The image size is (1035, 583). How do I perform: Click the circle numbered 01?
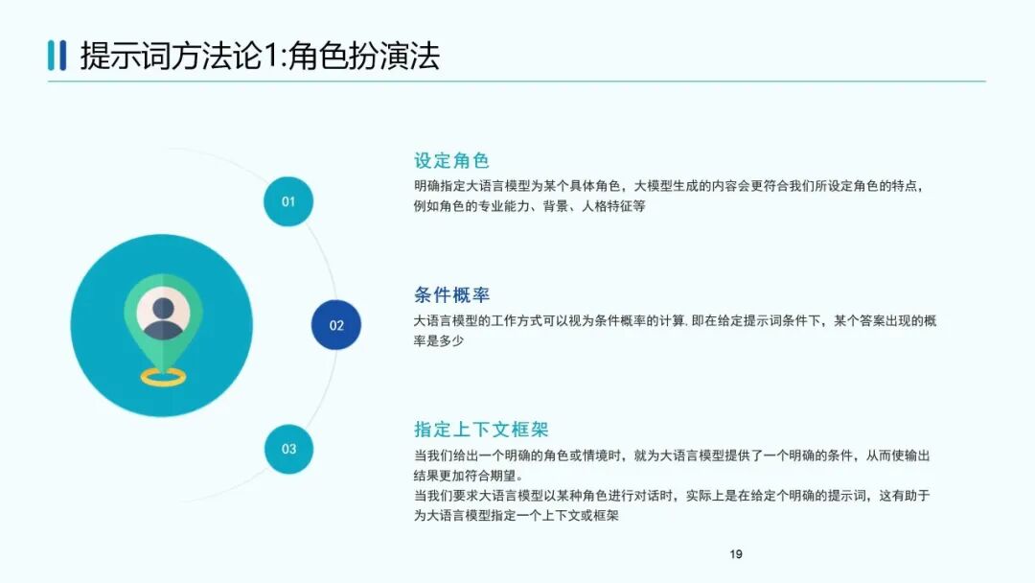(x=288, y=201)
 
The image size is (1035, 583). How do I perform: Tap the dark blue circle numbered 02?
(x=336, y=325)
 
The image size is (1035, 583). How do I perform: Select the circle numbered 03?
(x=288, y=449)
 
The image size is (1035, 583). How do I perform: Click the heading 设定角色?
(x=451, y=161)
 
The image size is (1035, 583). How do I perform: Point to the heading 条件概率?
(x=451, y=295)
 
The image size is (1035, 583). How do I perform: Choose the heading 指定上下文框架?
(x=481, y=430)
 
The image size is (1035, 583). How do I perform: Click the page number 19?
(x=736, y=554)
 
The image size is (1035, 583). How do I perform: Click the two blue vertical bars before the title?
(x=57, y=56)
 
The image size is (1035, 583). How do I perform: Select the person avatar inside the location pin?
(x=163, y=314)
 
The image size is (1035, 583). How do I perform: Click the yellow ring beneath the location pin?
(x=163, y=377)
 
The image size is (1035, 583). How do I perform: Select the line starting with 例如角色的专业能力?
(x=529, y=206)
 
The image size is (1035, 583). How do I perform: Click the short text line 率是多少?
(x=439, y=340)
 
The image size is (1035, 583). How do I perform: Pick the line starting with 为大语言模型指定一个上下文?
(x=516, y=516)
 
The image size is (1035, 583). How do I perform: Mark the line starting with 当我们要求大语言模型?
(x=672, y=496)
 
